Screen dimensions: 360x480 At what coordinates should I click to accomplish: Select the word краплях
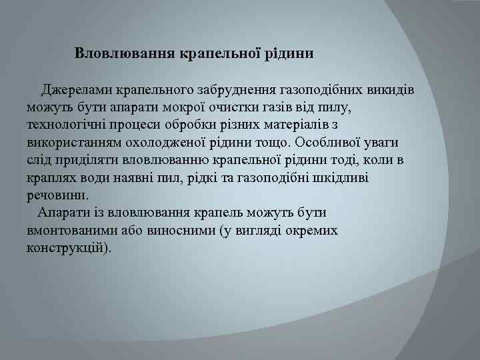click(x=51, y=178)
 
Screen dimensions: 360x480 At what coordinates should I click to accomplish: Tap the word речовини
click(x=57, y=195)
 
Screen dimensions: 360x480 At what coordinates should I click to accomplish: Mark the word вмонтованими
click(x=71, y=231)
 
